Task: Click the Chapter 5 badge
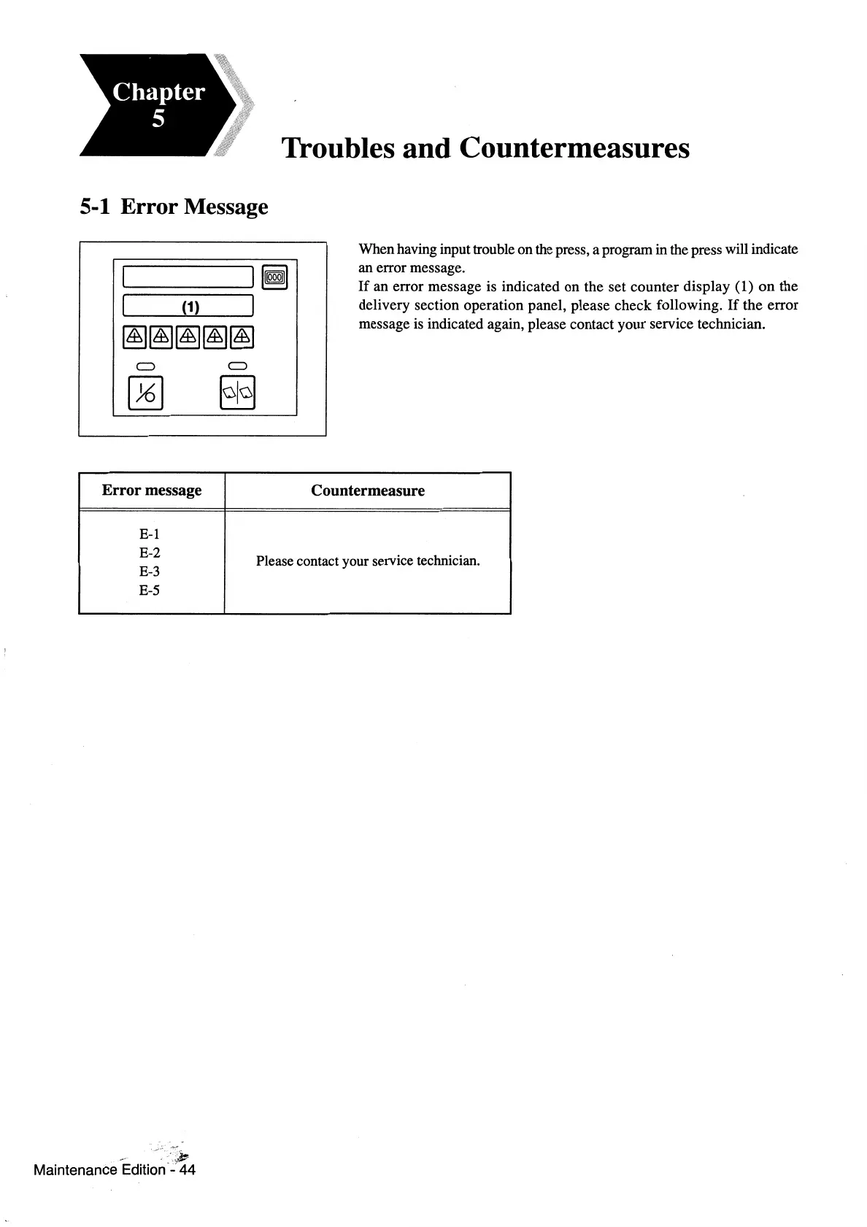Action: coord(157,104)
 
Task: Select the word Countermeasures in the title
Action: coord(574,148)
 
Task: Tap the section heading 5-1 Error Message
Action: coord(174,207)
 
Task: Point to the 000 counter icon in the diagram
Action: coord(276,277)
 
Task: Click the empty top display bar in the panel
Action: coord(188,277)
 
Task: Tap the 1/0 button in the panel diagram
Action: coord(145,393)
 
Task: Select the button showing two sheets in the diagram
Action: coord(238,393)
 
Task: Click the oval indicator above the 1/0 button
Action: coord(144,365)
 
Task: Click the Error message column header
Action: coord(152,491)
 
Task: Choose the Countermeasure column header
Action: coord(367,491)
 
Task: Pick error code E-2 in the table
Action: coord(150,553)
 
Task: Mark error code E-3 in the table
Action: coord(150,572)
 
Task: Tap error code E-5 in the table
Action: coord(150,591)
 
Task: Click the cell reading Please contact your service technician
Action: coord(368,561)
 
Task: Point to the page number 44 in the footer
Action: coord(188,1170)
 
